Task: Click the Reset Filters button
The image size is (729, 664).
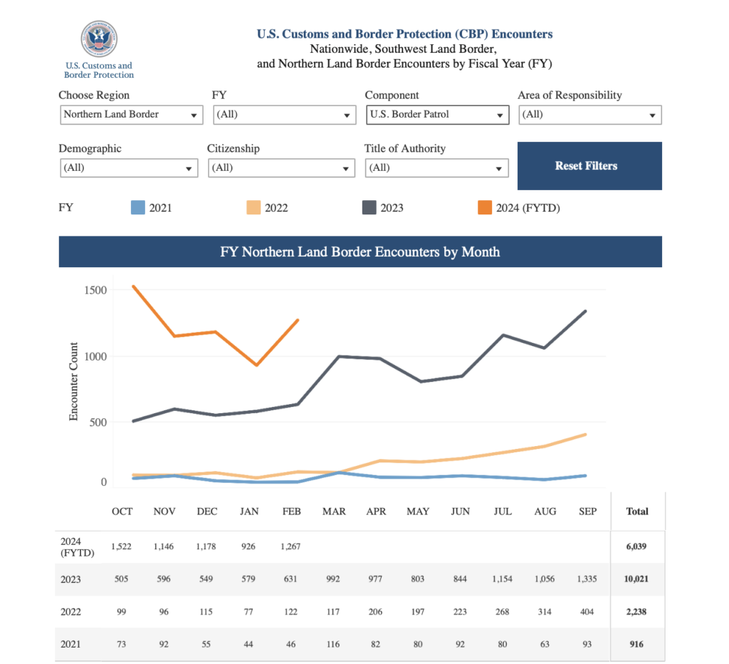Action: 589,166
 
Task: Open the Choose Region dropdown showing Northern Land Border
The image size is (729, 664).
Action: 132,115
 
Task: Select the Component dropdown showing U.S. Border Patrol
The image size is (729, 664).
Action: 437,115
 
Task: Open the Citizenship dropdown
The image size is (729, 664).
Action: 281,168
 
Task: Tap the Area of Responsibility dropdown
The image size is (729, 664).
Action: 589,115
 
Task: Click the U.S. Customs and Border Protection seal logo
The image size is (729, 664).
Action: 99,39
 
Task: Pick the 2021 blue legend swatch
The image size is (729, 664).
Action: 138,208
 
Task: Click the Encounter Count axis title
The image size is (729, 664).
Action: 74,381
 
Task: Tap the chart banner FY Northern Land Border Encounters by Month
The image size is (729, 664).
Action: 360,252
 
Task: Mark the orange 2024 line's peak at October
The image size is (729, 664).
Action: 134,286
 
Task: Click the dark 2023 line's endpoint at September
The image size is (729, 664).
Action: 586,311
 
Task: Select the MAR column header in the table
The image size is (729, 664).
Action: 334,512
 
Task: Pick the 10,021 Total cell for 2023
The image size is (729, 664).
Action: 636,579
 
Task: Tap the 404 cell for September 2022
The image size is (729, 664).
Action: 587,612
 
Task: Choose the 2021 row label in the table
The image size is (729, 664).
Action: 71,645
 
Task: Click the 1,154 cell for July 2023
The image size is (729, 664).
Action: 502,579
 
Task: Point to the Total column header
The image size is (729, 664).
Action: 636,512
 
